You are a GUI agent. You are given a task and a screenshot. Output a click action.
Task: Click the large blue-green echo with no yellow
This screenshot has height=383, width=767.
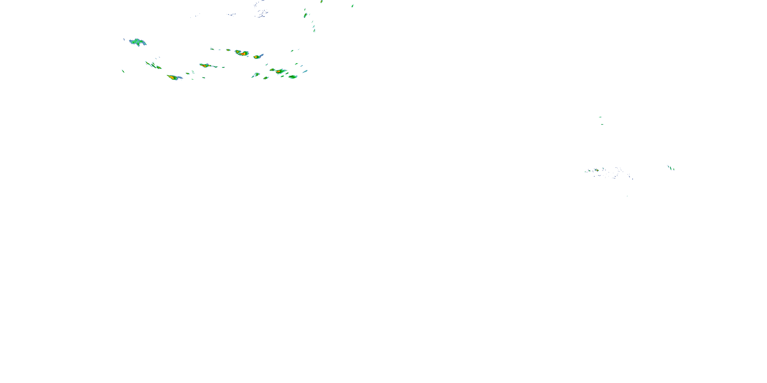pos(137,42)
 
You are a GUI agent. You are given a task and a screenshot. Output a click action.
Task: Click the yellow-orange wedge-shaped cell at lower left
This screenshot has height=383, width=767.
pos(172,77)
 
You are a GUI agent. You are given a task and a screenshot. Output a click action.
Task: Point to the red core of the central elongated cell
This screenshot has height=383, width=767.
pos(205,65)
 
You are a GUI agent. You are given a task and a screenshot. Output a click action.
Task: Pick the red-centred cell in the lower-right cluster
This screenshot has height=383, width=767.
pos(279,71)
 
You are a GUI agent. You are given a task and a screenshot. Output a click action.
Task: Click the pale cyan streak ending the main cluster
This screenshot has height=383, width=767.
pos(305,71)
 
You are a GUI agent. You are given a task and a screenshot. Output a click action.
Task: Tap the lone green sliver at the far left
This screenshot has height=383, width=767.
pos(123,71)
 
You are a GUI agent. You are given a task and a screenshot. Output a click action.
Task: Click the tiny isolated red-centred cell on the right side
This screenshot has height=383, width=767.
pos(596,170)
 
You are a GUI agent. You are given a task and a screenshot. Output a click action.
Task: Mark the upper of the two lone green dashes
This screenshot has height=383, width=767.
pos(600,117)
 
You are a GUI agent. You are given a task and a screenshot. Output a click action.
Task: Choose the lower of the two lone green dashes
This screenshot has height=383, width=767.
pos(602,124)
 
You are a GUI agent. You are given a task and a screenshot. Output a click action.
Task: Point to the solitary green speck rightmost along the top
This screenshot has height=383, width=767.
pos(353,6)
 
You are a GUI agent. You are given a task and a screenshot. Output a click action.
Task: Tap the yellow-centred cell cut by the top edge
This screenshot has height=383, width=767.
pos(322,2)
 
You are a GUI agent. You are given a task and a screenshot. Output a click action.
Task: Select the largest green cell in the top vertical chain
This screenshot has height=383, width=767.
pos(305,15)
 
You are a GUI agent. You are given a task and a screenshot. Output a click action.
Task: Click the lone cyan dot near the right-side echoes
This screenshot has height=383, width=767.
pos(627,196)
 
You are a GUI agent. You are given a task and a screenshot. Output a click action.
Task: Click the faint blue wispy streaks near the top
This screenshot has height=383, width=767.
pos(262,13)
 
